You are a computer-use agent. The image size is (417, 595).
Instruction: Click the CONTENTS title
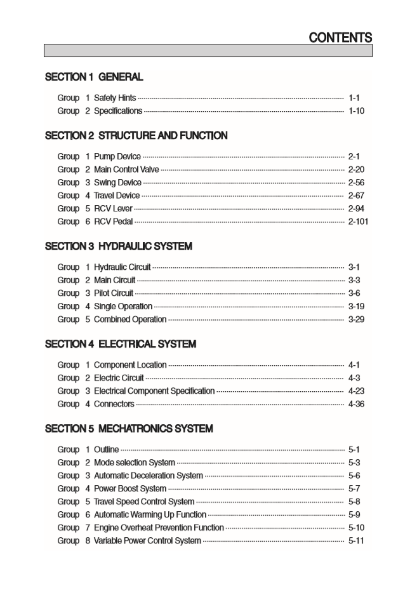(340, 37)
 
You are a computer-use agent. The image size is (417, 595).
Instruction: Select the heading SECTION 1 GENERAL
(94, 77)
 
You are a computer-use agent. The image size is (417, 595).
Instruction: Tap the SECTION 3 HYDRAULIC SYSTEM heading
(118, 246)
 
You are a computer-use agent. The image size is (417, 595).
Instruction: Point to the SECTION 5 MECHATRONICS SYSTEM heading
(129, 429)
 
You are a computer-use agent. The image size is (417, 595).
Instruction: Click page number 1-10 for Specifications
(356, 111)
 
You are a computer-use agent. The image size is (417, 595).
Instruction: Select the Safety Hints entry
(114, 98)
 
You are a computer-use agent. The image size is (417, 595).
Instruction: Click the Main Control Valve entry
(126, 170)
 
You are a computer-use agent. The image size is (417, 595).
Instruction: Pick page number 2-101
(358, 222)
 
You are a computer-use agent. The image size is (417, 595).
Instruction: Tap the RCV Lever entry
(113, 208)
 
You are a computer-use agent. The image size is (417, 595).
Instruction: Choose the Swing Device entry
(117, 183)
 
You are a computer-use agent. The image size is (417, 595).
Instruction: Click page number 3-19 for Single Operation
(356, 306)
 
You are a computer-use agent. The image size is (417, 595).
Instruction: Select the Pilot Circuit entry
(114, 293)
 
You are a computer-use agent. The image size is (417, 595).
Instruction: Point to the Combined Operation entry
(129, 319)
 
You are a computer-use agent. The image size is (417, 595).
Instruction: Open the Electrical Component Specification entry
(154, 391)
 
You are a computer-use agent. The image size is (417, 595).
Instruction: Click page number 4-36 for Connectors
(356, 404)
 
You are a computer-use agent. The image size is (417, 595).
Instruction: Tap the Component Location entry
(130, 365)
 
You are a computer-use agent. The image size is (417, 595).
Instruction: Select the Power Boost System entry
(130, 489)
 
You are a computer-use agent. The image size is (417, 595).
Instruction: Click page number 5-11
(356, 541)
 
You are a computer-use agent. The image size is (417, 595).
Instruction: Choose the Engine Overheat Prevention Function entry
(159, 528)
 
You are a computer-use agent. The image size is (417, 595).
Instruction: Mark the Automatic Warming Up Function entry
(150, 515)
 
